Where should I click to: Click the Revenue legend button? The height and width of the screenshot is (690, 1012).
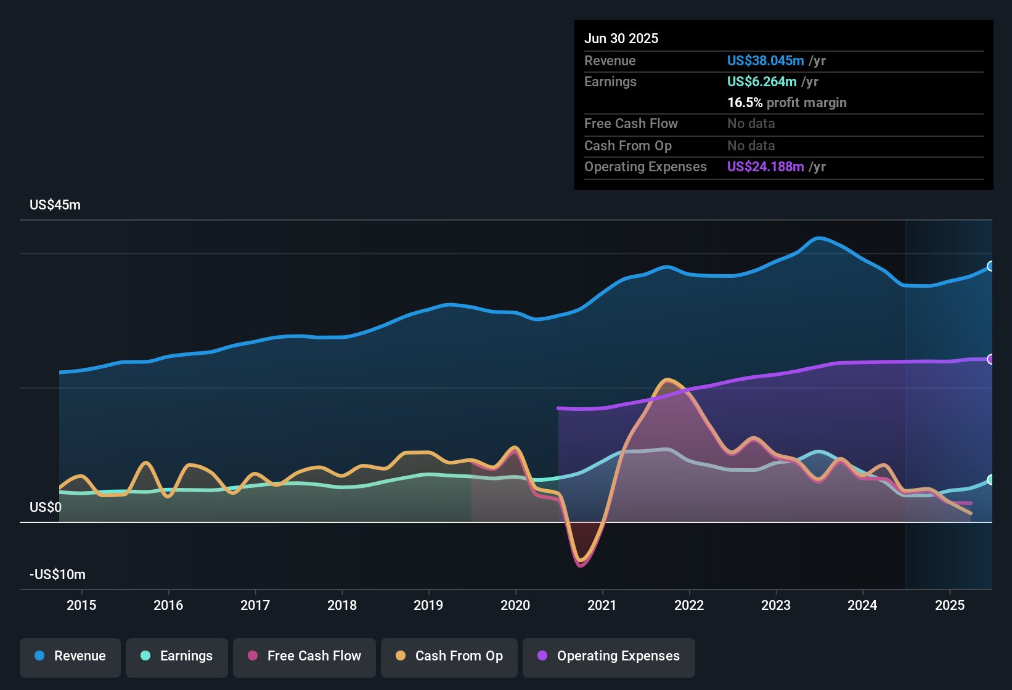coord(70,656)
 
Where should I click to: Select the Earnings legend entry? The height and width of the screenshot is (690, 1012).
coord(177,656)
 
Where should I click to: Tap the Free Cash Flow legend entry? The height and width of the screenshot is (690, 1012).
coord(304,656)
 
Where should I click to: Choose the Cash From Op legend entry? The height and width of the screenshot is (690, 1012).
coord(449,656)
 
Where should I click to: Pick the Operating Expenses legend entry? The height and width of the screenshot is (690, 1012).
coord(609,656)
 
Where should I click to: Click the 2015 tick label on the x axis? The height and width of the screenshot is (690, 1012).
coord(81,606)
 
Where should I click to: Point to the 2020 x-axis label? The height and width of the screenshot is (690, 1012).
coord(515,606)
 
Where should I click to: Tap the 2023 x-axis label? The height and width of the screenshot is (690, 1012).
coord(776,606)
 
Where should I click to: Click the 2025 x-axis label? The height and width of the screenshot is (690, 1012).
coord(950,606)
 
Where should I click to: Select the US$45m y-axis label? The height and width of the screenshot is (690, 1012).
coord(55,205)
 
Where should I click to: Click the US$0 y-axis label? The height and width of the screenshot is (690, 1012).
coord(46,508)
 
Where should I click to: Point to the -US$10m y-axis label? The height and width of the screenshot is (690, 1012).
coord(57,575)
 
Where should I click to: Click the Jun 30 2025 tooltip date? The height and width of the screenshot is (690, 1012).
coord(621,39)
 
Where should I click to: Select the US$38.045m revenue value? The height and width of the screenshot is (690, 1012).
coord(765,61)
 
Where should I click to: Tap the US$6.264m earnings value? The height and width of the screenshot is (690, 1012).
coord(762,82)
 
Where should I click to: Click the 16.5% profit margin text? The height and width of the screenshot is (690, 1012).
coord(786,103)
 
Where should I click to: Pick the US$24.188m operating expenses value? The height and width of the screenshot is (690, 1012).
coord(765,167)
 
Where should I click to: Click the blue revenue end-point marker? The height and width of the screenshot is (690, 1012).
coord(991,266)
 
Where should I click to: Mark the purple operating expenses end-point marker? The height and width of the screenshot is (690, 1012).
coord(991,359)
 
